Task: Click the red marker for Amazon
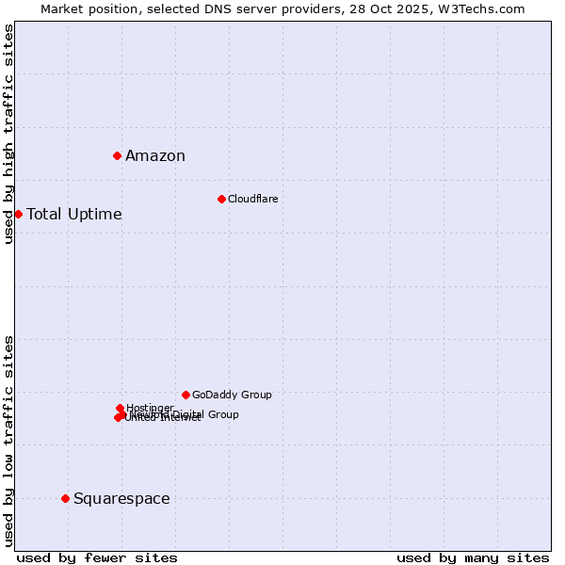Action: tap(117, 155)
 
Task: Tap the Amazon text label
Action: tap(155, 156)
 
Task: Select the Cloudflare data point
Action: tap(221, 199)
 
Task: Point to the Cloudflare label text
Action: tap(252, 199)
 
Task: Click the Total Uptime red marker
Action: tap(18, 214)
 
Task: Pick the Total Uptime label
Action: tap(74, 215)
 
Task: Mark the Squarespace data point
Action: tap(65, 498)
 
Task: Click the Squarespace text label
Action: tap(121, 499)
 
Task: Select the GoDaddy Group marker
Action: tap(186, 395)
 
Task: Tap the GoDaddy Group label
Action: tap(232, 395)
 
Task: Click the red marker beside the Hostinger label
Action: tap(120, 408)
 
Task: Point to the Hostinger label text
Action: tap(150, 408)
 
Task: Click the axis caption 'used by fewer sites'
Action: tap(97, 557)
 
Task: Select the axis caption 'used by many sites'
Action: tap(473, 557)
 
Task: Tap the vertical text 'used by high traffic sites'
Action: tap(8, 134)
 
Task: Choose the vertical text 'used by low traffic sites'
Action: tap(8, 441)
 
